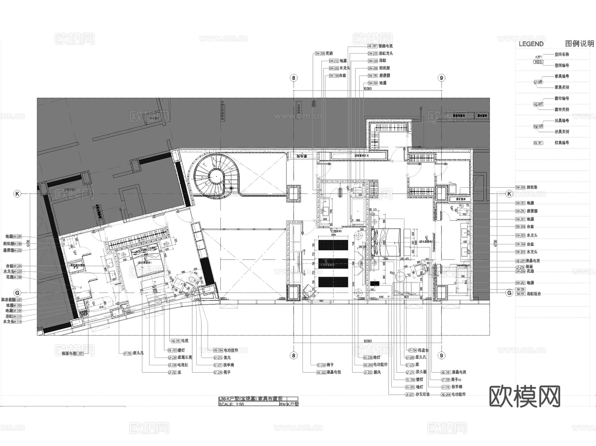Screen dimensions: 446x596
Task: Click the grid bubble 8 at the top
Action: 294,78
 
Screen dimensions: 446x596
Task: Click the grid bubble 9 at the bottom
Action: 441,356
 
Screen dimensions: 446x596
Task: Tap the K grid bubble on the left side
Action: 17,194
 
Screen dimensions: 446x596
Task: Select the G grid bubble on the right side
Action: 509,293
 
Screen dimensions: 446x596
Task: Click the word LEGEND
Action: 531,44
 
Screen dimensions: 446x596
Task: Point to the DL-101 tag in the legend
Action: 538,143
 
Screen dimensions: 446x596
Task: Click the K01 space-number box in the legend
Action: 538,62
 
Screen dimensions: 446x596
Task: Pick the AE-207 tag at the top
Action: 372,46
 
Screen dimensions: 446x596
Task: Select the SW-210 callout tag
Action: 372,54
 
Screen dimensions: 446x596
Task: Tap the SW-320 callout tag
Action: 372,61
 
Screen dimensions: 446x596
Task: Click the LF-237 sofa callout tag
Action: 410,394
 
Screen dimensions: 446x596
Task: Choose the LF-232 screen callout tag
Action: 368,372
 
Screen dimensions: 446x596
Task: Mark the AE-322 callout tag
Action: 321,372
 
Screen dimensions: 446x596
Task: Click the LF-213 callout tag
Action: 127,354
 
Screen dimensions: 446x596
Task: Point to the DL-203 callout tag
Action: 172,350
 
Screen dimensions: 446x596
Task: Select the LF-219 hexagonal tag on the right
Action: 520,267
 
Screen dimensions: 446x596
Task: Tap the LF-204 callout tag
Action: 412,350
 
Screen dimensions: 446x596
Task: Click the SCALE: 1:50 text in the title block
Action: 231,404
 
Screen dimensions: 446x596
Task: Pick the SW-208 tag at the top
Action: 320,54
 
